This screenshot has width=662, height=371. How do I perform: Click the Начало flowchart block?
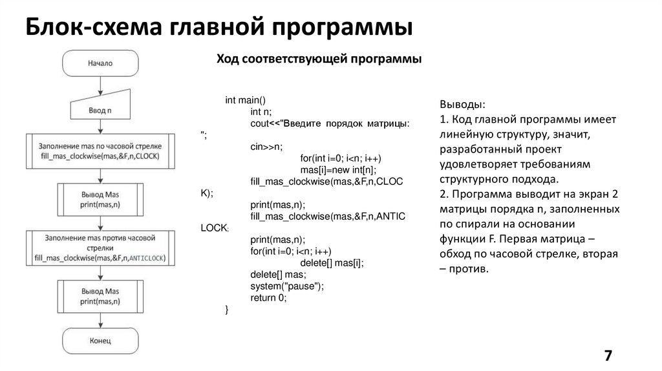coord(100,63)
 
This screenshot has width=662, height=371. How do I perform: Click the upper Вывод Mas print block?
coord(100,199)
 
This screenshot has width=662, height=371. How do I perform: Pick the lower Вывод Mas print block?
coord(100,296)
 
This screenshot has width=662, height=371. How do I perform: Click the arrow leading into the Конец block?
coord(100,320)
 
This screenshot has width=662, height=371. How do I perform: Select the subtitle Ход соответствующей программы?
coord(319,59)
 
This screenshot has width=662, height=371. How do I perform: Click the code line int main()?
coord(245,100)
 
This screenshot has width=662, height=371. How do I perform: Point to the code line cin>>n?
coord(266,147)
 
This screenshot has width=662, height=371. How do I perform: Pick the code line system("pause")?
coord(286,286)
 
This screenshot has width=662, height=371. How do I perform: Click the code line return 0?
coord(268,298)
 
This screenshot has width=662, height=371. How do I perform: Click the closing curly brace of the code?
coord(226,310)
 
